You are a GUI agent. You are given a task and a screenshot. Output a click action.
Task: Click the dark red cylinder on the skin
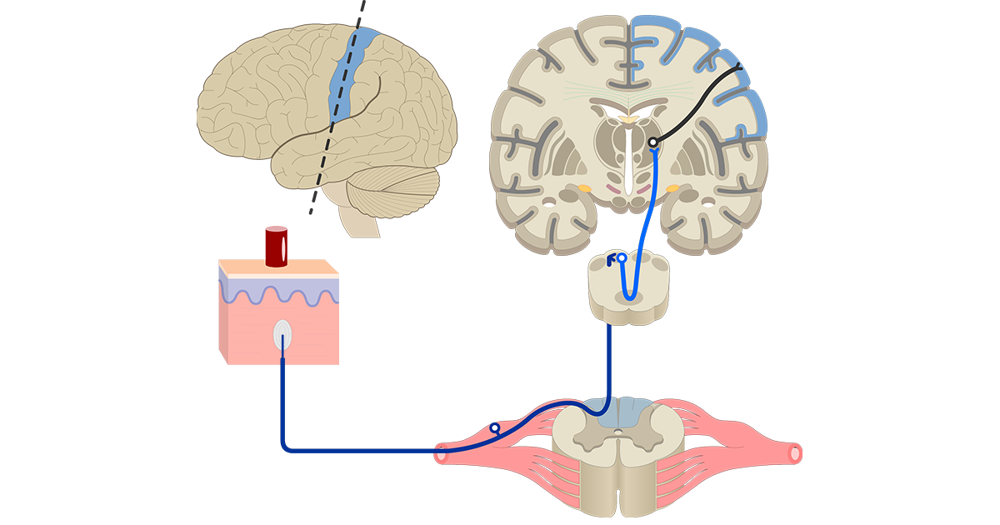tap(276, 246)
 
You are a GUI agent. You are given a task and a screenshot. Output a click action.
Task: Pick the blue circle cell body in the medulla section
tap(621, 258)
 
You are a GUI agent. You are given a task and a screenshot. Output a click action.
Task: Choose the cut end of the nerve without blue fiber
tap(795, 453)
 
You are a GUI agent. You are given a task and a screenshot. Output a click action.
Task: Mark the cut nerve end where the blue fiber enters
tap(441, 455)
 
